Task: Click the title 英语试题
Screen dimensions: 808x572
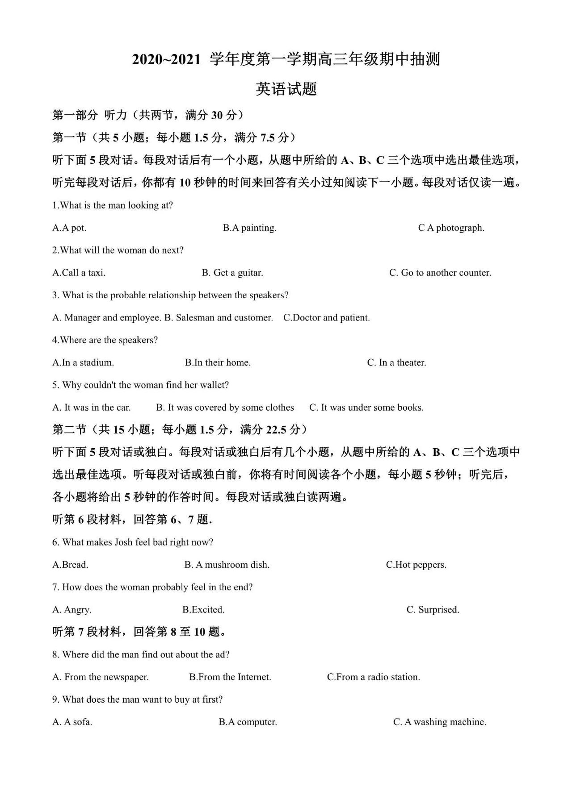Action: (x=286, y=89)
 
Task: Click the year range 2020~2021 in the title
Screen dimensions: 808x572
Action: (x=166, y=60)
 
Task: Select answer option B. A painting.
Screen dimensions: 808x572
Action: (x=249, y=228)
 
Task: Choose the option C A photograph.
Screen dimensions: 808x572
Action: (x=451, y=228)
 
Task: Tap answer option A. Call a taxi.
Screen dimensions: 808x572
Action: (x=79, y=273)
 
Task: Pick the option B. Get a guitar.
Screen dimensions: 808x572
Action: (x=232, y=273)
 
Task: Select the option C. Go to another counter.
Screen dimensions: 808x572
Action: (x=440, y=273)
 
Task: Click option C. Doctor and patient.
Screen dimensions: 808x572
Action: (x=327, y=318)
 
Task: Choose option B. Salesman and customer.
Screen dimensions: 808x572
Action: (x=219, y=318)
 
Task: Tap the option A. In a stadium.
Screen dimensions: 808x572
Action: (x=83, y=362)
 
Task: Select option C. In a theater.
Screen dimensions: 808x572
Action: (x=396, y=362)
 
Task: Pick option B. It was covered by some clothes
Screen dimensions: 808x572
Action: (x=225, y=408)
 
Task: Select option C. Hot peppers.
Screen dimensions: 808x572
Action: (x=416, y=565)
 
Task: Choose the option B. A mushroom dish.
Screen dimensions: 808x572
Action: (x=227, y=565)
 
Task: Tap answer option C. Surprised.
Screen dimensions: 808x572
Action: (x=433, y=610)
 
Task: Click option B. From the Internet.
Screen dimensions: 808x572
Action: (x=230, y=677)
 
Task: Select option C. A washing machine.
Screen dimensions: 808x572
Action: (x=440, y=722)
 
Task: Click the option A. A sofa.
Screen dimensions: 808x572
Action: (x=72, y=722)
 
